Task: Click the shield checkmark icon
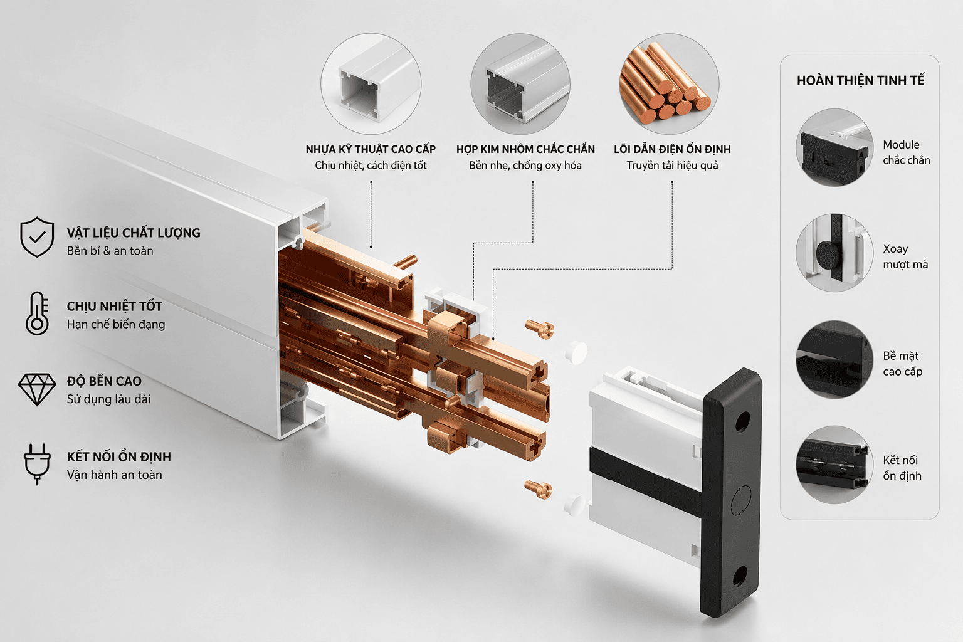[x=37, y=236]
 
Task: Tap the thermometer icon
[x=38, y=313]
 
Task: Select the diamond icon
[x=37, y=389]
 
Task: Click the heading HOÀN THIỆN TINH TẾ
[x=860, y=80]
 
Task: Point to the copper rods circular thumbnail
[x=669, y=84]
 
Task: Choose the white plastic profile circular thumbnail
[x=371, y=84]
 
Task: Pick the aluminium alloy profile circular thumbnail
[x=520, y=84]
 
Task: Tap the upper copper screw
[x=540, y=330]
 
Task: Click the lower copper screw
[x=539, y=490]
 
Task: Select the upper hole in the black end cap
[x=742, y=422]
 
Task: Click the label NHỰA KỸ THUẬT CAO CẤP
[x=371, y=149]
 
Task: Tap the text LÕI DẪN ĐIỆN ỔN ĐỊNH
[x=672, y=149]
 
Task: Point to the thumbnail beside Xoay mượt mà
[x=834, y=253]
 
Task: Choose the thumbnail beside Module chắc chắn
[x=834, y=147]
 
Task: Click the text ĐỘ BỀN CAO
[x=104, y=381]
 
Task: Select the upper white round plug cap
[x=576, y=352]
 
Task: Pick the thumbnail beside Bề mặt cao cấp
[x=834, y=359]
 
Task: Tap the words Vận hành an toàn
[x=114, y=475]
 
